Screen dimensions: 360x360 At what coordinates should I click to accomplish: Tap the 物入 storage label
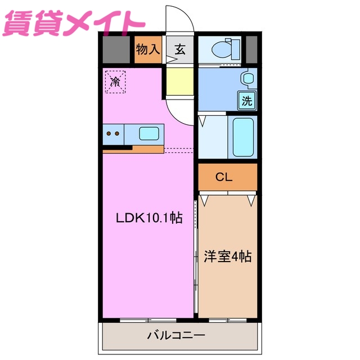click(x=148, y=49)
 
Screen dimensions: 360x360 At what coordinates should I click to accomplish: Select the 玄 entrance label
click(x=179, y=49)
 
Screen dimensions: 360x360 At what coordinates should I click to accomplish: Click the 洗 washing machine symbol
click(x=247, y=101)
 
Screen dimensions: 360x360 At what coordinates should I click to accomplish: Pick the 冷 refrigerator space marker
click(x=115, y=82)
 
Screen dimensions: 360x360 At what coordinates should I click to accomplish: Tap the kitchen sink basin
click(x=149, y=134)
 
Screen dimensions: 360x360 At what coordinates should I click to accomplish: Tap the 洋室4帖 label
click(x=227, y=256)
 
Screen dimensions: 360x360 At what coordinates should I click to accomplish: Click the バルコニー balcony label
click(x=177, y=336)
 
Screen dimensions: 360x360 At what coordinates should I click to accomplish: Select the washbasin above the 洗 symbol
click(x=247, y=78)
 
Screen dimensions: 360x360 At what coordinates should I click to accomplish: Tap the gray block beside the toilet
click(x=251, y=49)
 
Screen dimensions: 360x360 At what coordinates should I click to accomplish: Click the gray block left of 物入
click(x=116, y=49)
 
